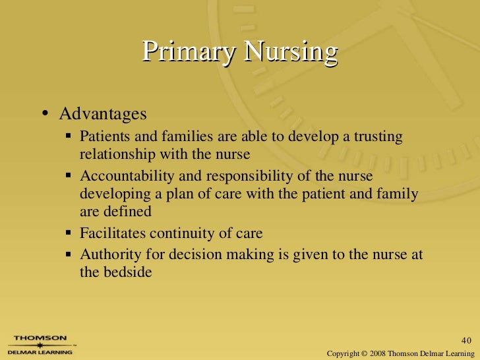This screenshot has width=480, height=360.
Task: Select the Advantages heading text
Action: point(103,114)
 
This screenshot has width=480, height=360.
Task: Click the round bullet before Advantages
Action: point(45,114)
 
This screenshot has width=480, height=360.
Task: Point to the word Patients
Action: point(104,136)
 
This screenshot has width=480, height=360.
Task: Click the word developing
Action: point(111,195)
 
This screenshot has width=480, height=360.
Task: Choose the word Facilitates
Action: point(113,233)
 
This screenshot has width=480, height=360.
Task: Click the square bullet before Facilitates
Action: point(69,233)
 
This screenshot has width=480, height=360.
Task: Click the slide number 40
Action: point(467,341)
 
